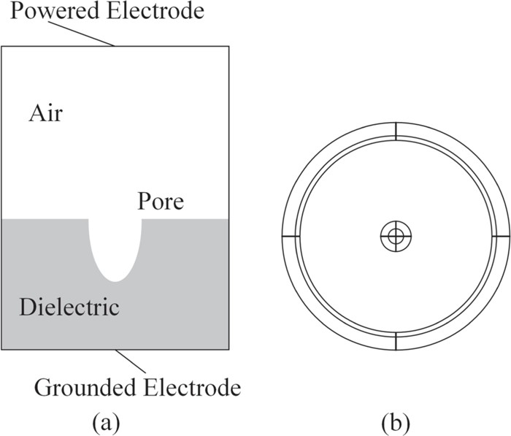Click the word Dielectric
coord(69,306)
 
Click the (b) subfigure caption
coord(395,421)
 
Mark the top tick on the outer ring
coord(396,130)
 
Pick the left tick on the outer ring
coord(290,237)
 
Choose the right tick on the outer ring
coord(502,237)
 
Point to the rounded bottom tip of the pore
coord(115,280)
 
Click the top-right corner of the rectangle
coord(229,46)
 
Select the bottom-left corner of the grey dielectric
coord(3,349)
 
